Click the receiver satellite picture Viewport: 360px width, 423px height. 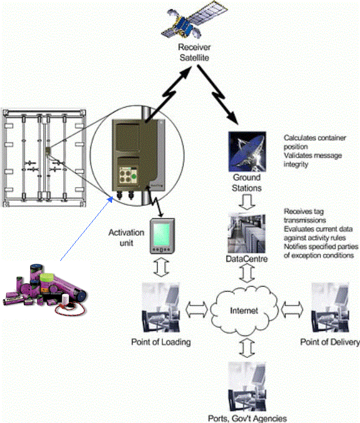point(193,19)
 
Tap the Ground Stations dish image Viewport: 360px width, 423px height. point(247,151)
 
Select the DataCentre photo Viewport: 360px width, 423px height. point(247,234)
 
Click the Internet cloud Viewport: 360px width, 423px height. point(244,310)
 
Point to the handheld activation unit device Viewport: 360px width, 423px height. point(162,236)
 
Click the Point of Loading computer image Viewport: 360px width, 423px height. point(161,307)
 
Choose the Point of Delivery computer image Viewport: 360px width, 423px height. point(330,307)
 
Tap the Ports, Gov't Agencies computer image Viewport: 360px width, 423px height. point(247,387)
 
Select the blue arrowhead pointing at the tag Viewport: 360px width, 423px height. point(110,200)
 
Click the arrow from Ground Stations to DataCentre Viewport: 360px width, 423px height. point(247,202)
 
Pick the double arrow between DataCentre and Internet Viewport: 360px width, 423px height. point(247,273)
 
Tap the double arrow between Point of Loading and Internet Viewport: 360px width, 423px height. point(197,309)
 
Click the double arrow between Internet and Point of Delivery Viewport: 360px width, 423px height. point(292,309)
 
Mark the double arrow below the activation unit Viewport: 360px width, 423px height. point(161,268)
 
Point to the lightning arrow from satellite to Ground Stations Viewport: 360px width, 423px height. point(218,94)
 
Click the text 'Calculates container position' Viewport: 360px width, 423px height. point(315,142)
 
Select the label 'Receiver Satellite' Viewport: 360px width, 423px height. point(194,53)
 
